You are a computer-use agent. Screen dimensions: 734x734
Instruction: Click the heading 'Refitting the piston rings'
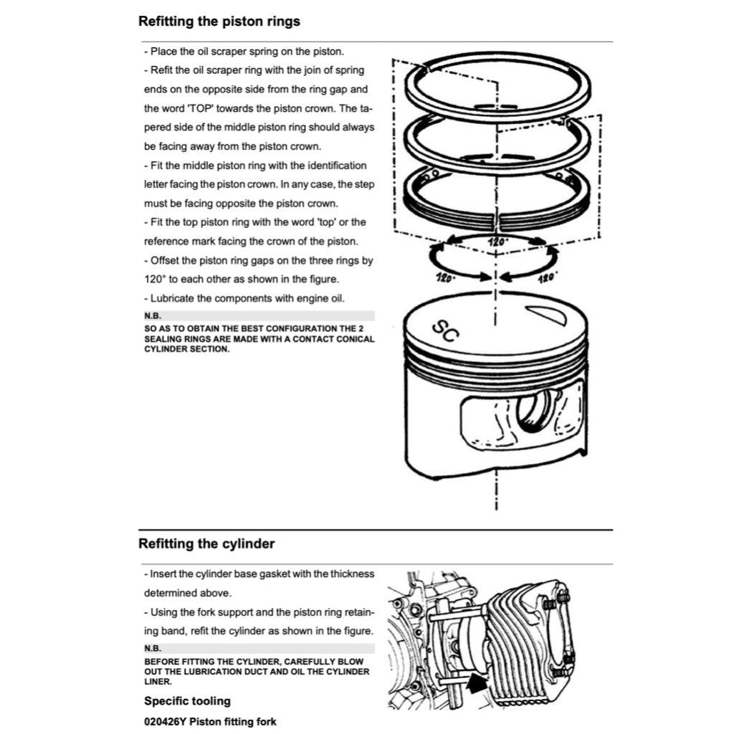pyautogui.click(x=219, y=22)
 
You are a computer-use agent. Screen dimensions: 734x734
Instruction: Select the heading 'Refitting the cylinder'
pyautogui.click(x=206, y=543)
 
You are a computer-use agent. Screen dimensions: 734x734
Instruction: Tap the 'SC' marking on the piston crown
pyautogui.click(x=445, y=331)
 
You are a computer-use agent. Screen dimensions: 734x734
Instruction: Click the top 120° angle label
pyautogui.click(x=497, y=242)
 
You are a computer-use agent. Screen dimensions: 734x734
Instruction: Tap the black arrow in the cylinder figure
pyautogui.click(x=477, y=685)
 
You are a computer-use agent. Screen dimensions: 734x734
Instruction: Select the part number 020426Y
pyautogui.click(x=166, y=722)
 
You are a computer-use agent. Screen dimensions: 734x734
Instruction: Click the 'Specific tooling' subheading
pyautogui.click(x=187, y=701)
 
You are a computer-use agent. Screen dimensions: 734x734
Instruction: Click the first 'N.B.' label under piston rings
pyautogui.click(x=153, y=316)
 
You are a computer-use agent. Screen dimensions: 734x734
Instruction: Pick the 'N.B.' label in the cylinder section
pyautogui.click(x=153, y=648)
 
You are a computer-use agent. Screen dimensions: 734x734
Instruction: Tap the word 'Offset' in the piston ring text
pyautogui.click(x=164, y=260)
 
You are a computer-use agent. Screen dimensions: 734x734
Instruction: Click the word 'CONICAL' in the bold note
pyautogui.click(x=355, y=339)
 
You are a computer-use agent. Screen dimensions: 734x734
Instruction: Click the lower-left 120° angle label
pyautogui.click(x=444, y=278)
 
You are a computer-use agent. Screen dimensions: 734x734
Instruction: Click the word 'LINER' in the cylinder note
pyautogui.click(x=158, y=682)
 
